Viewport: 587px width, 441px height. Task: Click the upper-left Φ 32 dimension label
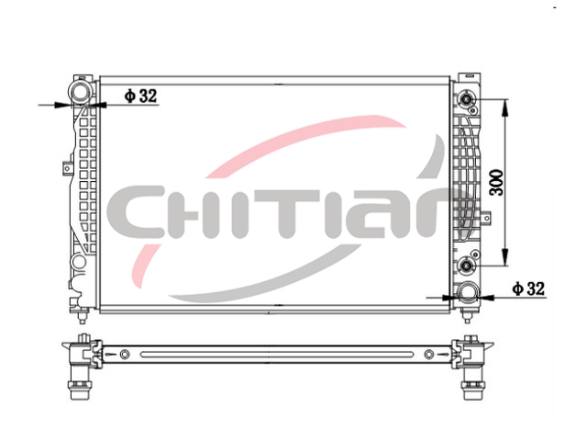140,96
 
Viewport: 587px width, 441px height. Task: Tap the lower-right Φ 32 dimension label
528,288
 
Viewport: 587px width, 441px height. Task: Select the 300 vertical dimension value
497,183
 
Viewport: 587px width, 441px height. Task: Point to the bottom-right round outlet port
468,292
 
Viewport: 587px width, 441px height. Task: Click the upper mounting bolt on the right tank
467,99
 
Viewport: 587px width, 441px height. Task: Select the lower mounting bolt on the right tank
467,266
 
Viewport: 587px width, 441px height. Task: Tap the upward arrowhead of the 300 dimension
505,108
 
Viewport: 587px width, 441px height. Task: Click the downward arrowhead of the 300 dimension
505,257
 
